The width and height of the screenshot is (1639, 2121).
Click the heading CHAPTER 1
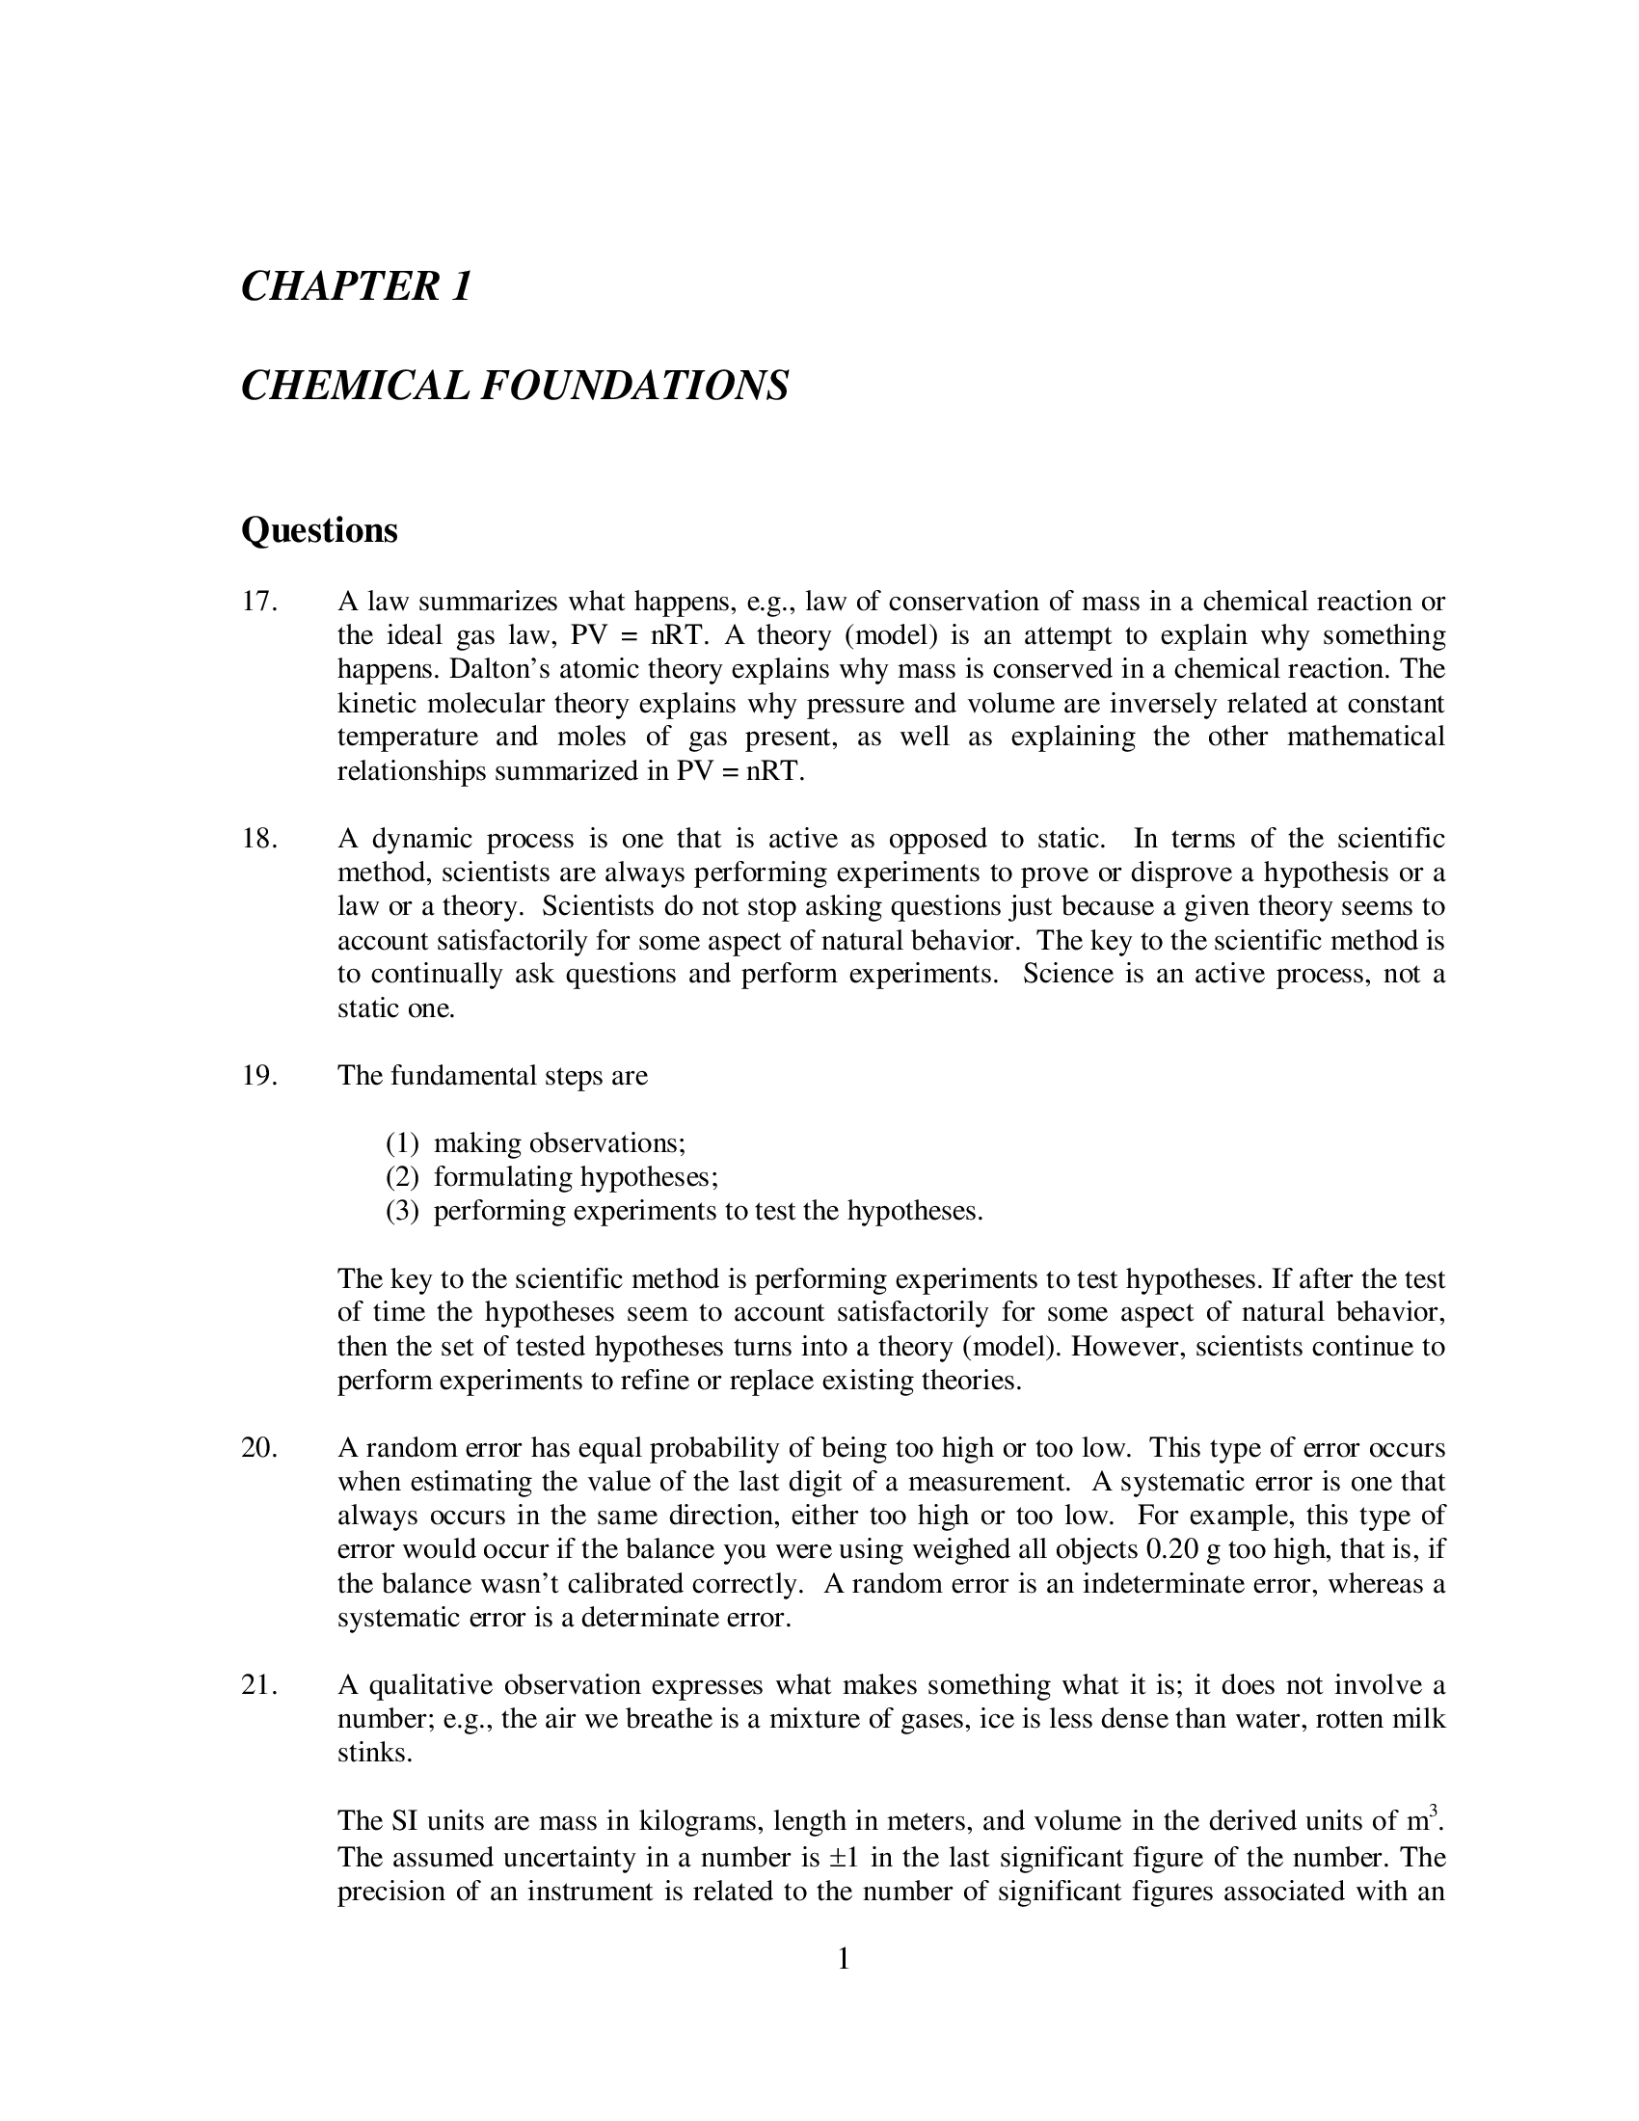(356, 286)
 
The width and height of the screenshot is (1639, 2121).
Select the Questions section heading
(319, 530)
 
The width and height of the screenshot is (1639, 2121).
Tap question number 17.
(258, 602)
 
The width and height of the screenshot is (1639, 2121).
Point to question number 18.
(258, 838)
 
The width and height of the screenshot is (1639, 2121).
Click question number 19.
(258, 1076)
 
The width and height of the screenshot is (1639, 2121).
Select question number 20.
(258, 1448)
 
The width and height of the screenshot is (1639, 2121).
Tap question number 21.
(258, 1685)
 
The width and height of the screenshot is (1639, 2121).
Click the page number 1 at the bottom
(843, 1959)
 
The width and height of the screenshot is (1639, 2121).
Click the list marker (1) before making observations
(402, 1143)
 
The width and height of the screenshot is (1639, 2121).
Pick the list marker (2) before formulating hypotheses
(402, 1177)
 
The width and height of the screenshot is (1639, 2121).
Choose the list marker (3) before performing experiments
(402, 1211)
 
